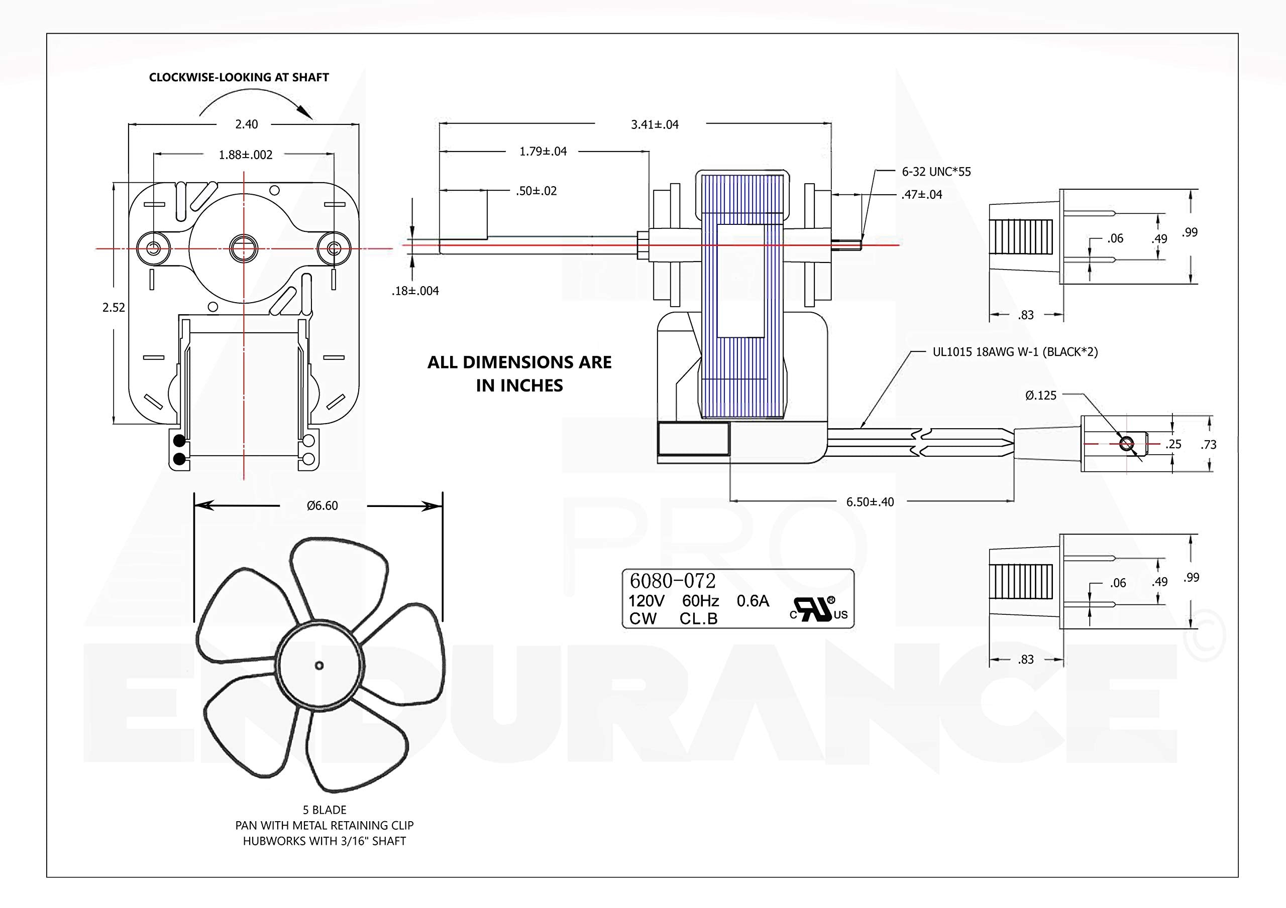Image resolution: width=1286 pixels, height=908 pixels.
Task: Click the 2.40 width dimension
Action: (247, 124)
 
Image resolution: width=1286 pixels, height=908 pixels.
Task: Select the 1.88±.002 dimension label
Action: (245, 155)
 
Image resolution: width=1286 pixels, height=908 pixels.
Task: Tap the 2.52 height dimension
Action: (114, 307)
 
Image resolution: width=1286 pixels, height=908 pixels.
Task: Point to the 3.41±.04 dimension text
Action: (655, 125)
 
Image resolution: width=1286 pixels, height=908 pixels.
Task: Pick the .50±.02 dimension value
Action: (537, 191)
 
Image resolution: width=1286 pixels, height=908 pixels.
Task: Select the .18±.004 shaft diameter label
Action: (415, 291)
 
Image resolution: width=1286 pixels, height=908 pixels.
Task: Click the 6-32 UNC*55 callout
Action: (936, 172)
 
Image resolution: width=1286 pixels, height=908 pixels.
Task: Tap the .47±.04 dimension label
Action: (922, 195)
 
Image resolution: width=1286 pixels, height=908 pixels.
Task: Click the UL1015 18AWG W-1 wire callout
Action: (1015, 352)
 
